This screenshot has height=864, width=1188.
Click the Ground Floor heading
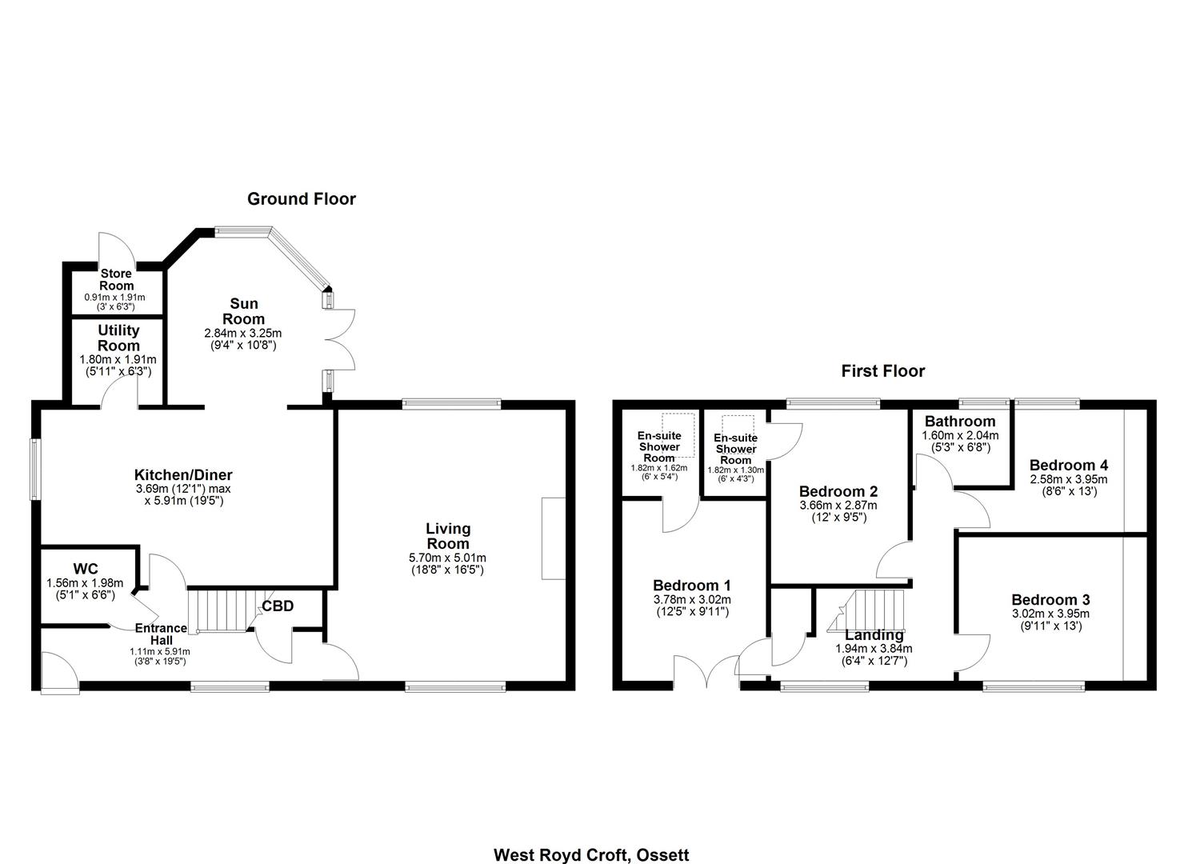302,199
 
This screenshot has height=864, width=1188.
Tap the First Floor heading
883,370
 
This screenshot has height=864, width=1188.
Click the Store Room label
116,279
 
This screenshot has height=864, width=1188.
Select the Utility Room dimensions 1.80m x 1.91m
118,359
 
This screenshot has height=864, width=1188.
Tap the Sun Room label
243,311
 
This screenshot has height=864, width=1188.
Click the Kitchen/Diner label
183,474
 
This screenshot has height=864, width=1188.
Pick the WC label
86,569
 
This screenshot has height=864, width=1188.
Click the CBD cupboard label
278,606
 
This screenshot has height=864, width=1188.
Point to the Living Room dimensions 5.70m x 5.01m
447,558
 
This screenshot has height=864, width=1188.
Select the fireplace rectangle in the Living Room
553,538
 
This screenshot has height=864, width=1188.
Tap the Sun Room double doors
340,339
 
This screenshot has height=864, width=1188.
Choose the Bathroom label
960,422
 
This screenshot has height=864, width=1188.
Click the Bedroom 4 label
1069,465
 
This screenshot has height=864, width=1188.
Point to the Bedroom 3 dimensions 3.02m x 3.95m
1050,614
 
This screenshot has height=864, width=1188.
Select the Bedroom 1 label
691,586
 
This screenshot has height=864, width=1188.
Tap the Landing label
874,635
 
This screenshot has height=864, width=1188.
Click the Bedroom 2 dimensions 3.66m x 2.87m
838,506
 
